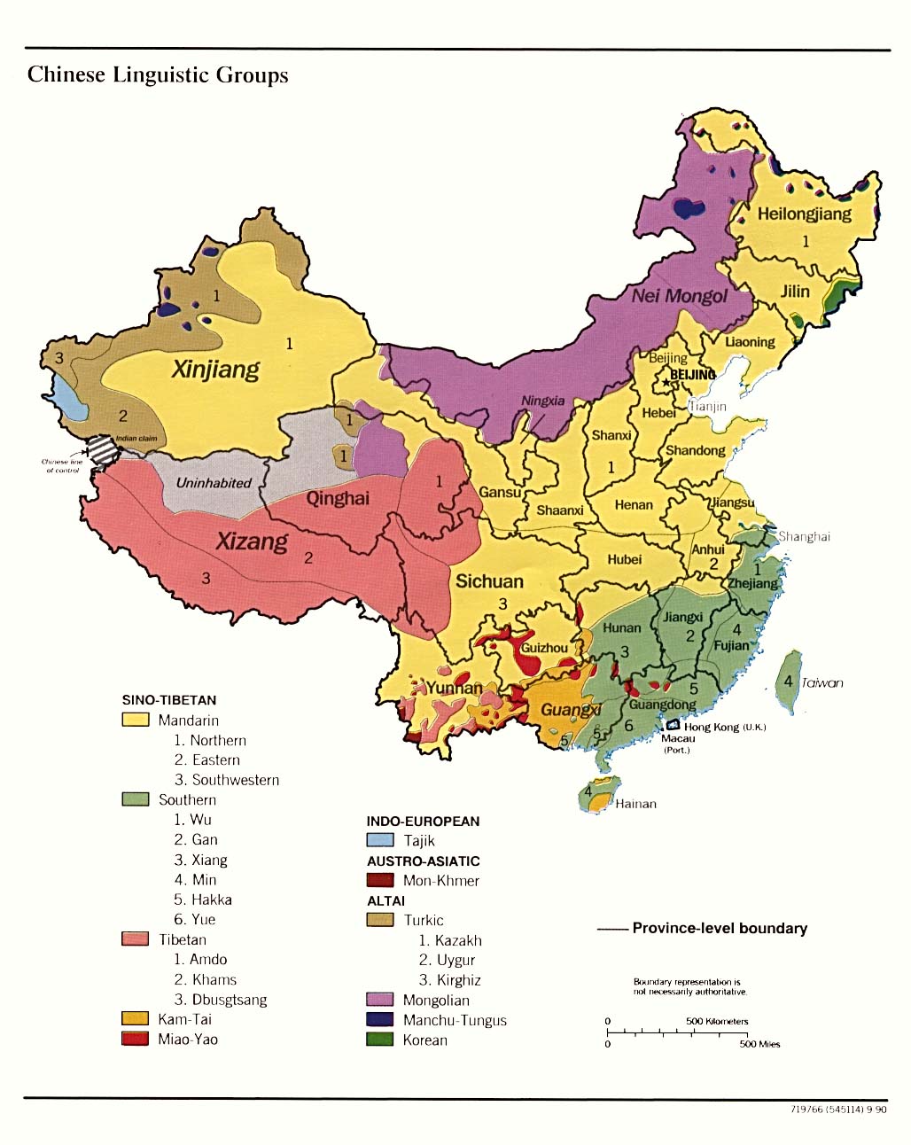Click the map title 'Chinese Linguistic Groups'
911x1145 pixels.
[x=158, y=74]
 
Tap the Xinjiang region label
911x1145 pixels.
[x=215, y=369]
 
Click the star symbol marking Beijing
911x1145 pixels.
[x=665, y=382]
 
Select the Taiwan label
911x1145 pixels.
[x=822, y=682]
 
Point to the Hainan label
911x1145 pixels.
[x=635, y=804]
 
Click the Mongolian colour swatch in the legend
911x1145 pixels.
[x=379, y=1000]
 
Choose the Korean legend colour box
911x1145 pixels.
[x=379, y=1040]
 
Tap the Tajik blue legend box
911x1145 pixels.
[x=379, y=840]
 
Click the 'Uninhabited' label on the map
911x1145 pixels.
[x=214, y=483]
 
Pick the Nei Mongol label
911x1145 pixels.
[x=679, y=296]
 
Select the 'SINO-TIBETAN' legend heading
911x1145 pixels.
[x=169, y=700]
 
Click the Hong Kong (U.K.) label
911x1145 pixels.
[x=724, y=727]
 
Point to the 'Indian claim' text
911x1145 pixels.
[x=136, y=439]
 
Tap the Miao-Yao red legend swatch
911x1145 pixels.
[x=135, y=1039]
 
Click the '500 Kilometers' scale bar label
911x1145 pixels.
[x=717, y=1021]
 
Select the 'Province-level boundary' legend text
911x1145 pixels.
[x=720, y=928]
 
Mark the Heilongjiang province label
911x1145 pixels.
[x=804, y=214]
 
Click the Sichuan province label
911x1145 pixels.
[x=489, y=581]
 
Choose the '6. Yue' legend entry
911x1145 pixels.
[x=195, y=919]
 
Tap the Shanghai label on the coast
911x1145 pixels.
[x=804, y=537]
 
